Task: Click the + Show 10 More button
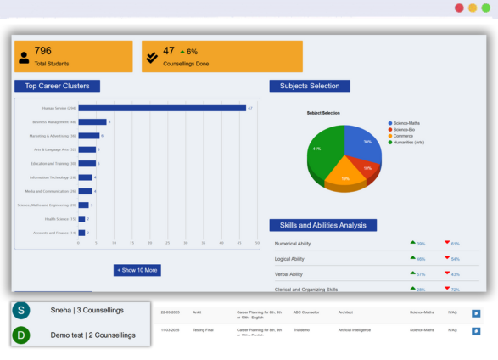[x=137, y=270]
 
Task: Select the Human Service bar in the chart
[x=161, y=108]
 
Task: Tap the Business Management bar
[x=92, y=122]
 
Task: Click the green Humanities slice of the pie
[x=322, y=151]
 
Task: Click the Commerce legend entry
[x=404, y=136]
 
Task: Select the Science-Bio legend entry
[x=406, y=130]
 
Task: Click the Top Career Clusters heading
[x=58, y=86]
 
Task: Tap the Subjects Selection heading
[x=309, y=86]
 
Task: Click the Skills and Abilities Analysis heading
[x=322, y=225]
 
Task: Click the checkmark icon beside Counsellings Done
[x=151, y=57]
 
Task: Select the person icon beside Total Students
[x=24, y=58]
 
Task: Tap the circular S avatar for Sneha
[x=21, y=311]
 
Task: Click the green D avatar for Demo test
[x=21, y=335]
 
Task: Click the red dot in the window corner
[x=459, y=8]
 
